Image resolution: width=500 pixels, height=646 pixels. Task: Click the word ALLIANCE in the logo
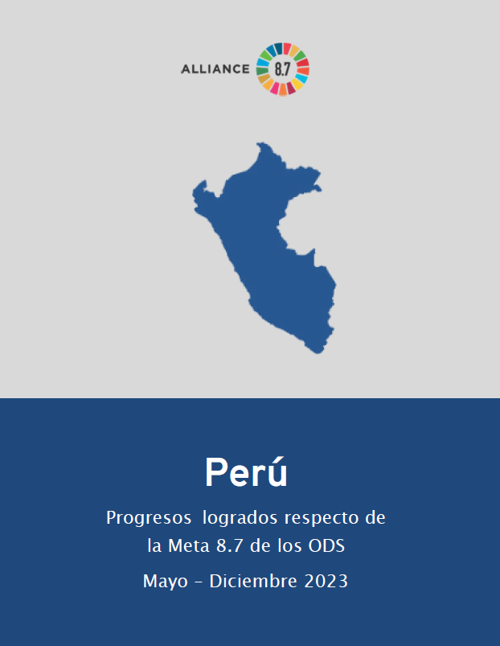(x=215, y=68)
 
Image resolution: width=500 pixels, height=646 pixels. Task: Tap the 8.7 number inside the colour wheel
(x=282, y=68)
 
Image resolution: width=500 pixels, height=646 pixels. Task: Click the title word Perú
(x=246, y=472)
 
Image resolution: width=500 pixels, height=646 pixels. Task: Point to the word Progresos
(x=148, y=518)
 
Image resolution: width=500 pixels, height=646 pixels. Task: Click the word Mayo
(x=166, y=581)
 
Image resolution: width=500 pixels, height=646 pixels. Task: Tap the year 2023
(x=326, y=581)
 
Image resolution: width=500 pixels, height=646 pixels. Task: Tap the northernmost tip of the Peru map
(x=260, y=144)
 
